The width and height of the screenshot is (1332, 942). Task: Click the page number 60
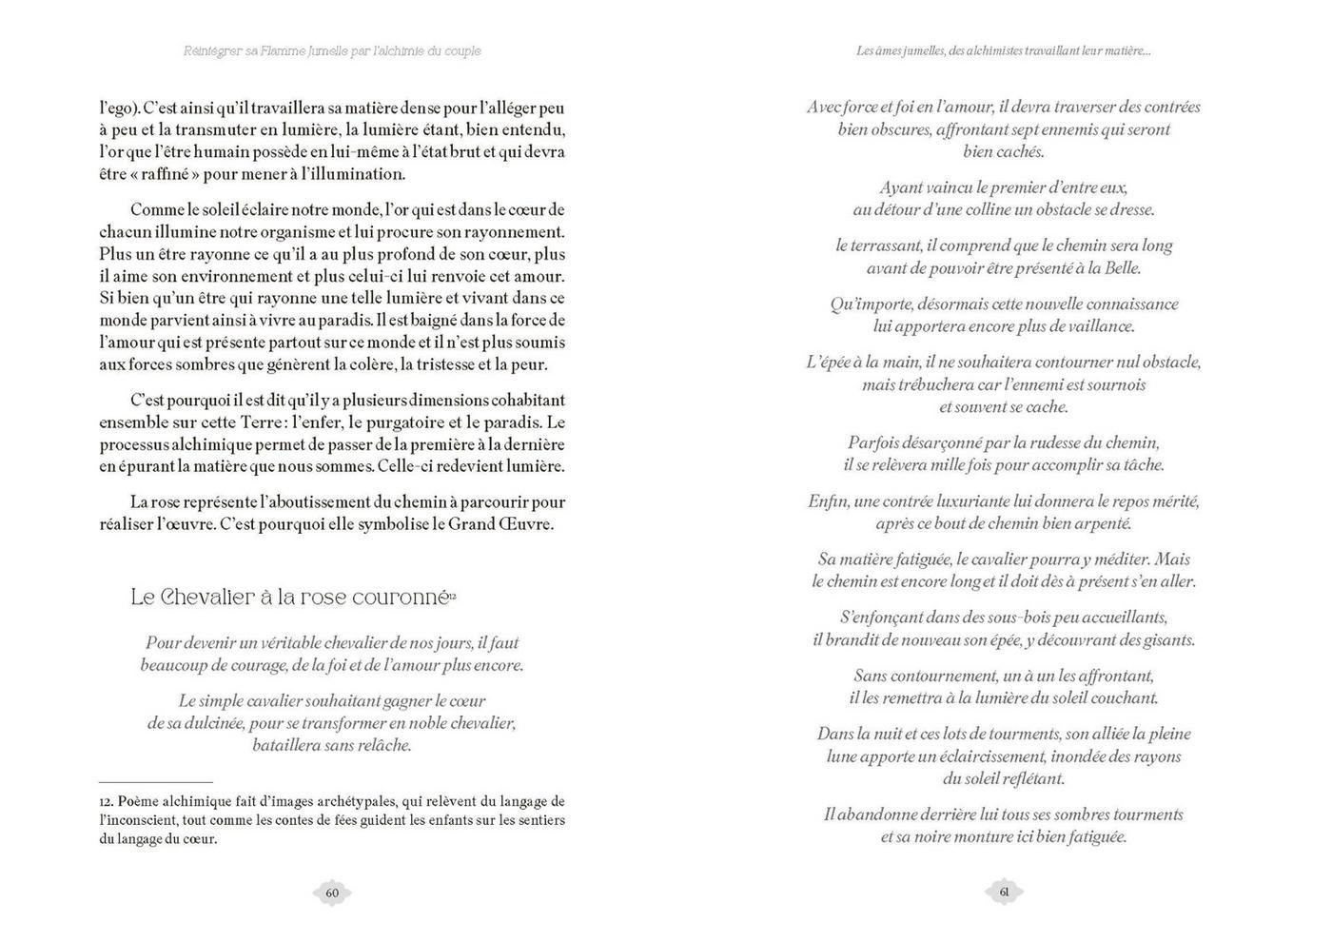pos(332,893)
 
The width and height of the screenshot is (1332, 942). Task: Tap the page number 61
pos(1004,892)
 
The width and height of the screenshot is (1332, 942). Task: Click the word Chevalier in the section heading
pos(208,598)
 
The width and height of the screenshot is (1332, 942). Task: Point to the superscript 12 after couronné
pos(453,594)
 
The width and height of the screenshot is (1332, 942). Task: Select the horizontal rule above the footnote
pos(155,782)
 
